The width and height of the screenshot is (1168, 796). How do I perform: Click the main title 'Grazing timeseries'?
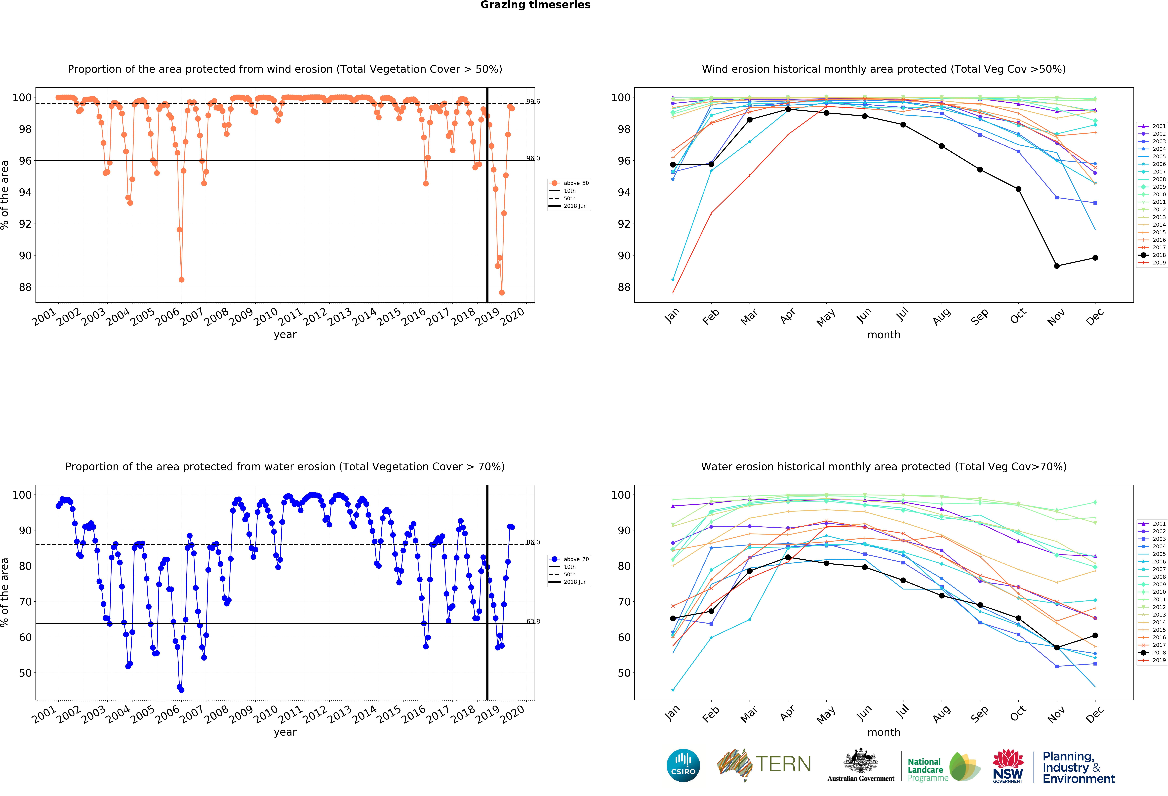point(535,5)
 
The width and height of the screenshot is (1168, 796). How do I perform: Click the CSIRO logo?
point(683,765)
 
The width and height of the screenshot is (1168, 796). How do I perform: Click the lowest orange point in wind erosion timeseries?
point(502,293)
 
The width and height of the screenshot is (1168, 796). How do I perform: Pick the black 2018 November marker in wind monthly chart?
point(1057,266)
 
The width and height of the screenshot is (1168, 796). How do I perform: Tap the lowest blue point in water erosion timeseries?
point(181,690)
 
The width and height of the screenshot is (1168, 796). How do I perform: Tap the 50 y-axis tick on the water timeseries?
point(25,673)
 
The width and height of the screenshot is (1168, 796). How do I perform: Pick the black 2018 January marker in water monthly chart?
point(673,618)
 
